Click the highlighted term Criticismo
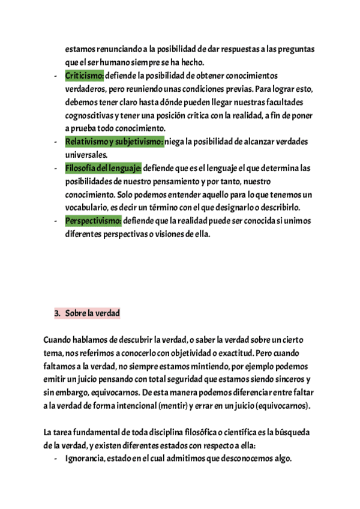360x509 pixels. pyautogui.click(x=84, y=76)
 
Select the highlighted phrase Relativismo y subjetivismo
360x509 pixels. pyautogui.click(x=114, y=142)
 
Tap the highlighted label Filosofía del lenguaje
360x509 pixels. pyautogui.click(x=103, y=168)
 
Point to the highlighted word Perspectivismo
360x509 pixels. pyautogui.click(x=93, y=221)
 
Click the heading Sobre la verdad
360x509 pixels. pyautogui.click(x=93, y=313)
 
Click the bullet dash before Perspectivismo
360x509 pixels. pyautogui.click(x=55, y=221)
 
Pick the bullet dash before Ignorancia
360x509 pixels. pyautogui.click(x=55, y=459)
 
